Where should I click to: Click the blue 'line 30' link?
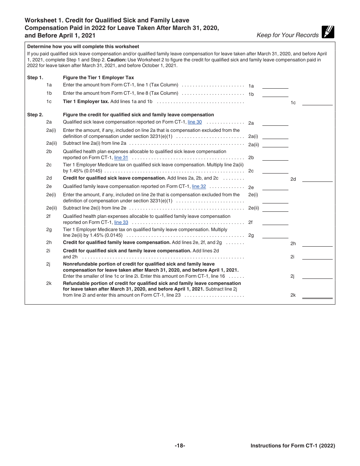pos(195,122)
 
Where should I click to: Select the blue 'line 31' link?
pos(121,158)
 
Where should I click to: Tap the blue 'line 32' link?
pos(199,186)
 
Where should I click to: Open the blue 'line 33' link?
pos(121,222)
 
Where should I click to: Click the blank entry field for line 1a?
pos(275,85)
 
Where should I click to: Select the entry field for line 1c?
pos(317,102)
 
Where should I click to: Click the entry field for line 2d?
pos(317,178)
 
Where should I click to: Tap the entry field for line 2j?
pos(317,276)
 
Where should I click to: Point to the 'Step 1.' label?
pos(35,78)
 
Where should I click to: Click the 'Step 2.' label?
pos(35,115)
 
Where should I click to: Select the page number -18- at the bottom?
pos(180,446)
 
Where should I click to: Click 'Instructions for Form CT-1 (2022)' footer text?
pos(293,446)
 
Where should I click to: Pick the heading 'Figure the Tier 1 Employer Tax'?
pos(99,78)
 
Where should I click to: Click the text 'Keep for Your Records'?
pos(288,35)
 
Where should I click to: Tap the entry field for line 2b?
pos(275,158)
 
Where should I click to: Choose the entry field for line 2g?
pos(275,235)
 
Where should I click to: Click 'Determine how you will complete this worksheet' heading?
pos(83,47)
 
